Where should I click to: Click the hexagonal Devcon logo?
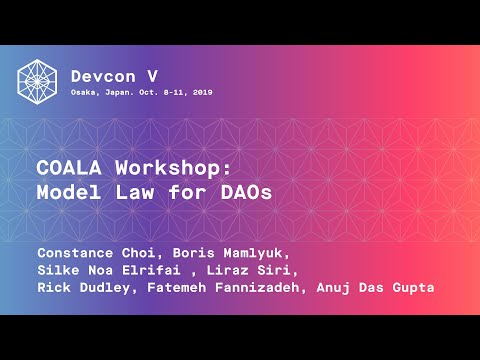pos(37,81)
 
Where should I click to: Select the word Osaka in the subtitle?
pos(86,92)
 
